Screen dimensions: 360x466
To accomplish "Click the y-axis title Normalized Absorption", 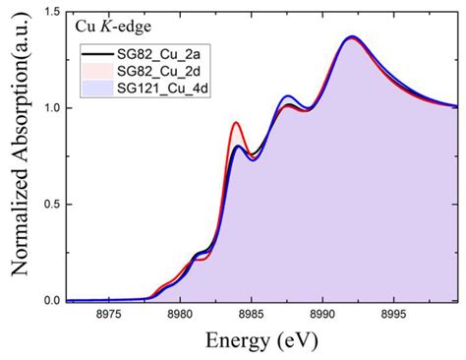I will click(x=17, y=157).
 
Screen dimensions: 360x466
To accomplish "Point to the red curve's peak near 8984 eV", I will click(x=236, y=123).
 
